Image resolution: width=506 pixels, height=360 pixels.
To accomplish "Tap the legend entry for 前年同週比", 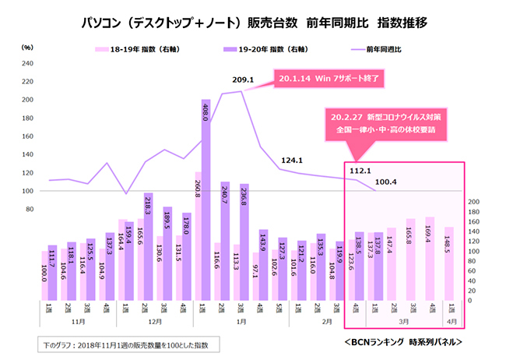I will click(381, 49).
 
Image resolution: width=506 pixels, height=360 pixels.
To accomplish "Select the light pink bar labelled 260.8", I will click(198, 234).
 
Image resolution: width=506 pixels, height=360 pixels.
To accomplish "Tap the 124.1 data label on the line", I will click(291, 161).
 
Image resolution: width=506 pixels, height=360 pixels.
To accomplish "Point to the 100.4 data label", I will click(386, 182).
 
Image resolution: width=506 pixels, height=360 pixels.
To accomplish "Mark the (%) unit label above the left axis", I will click(26, 48).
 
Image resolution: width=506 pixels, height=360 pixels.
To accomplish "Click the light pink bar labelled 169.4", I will click(430, 257).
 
